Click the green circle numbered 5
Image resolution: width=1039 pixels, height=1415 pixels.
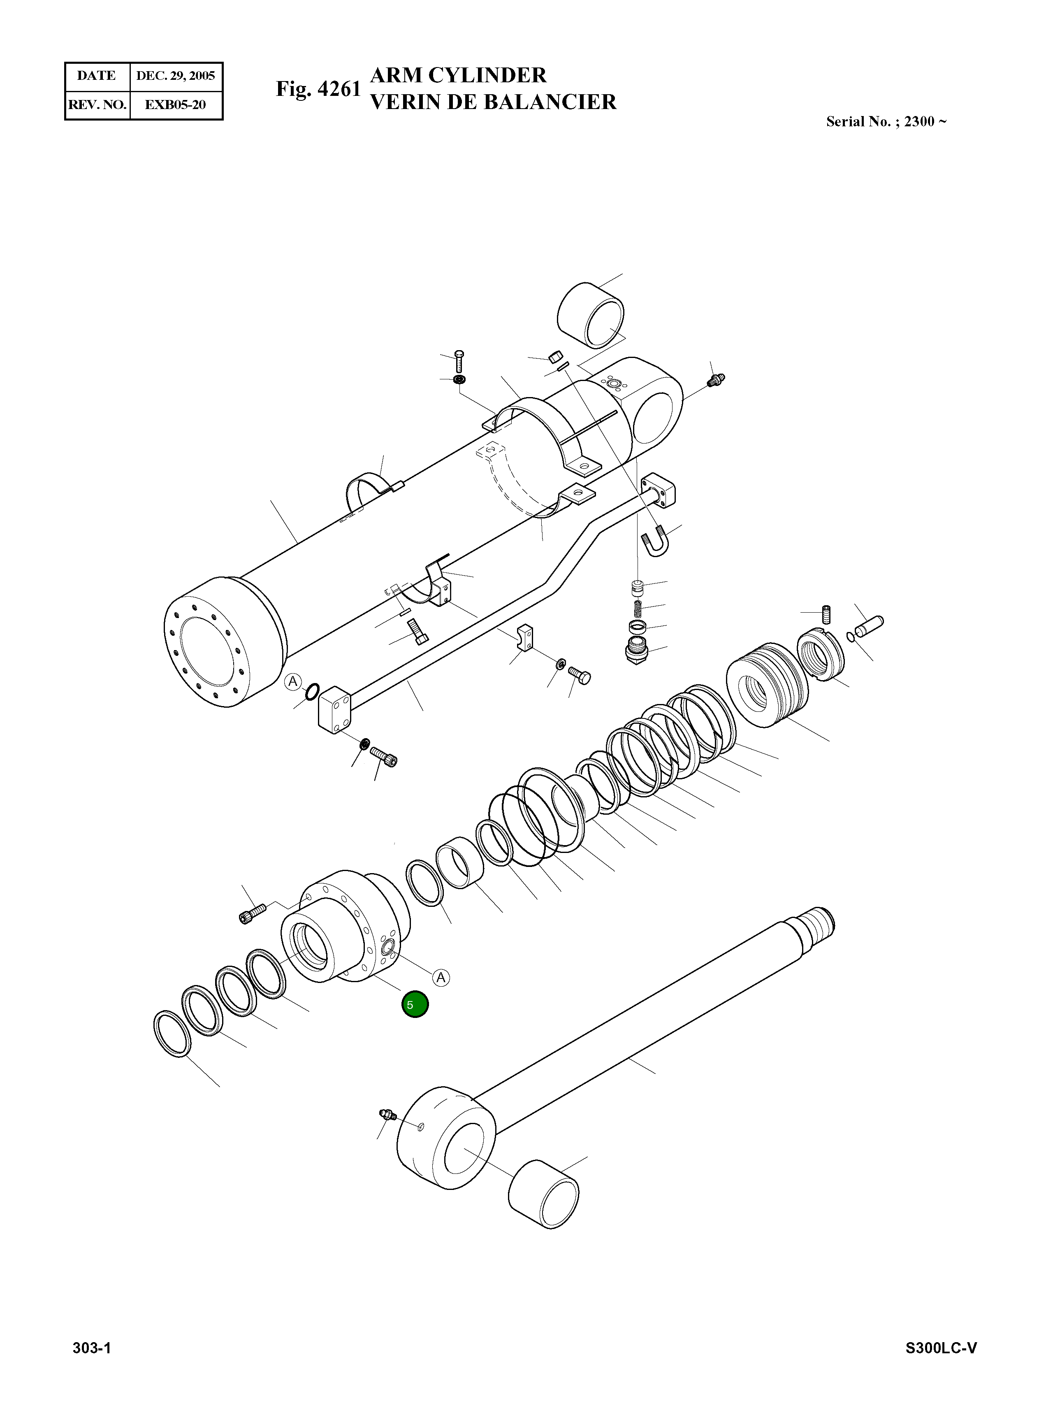(415, 1005)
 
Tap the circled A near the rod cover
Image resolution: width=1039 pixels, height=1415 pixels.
(441, 977)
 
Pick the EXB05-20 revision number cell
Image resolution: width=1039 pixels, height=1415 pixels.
(176, 105)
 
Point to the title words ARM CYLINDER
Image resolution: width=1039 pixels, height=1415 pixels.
(459, 75)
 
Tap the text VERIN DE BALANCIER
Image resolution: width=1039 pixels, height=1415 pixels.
(493, 102)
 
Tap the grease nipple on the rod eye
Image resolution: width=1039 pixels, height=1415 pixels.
(386, 1115)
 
